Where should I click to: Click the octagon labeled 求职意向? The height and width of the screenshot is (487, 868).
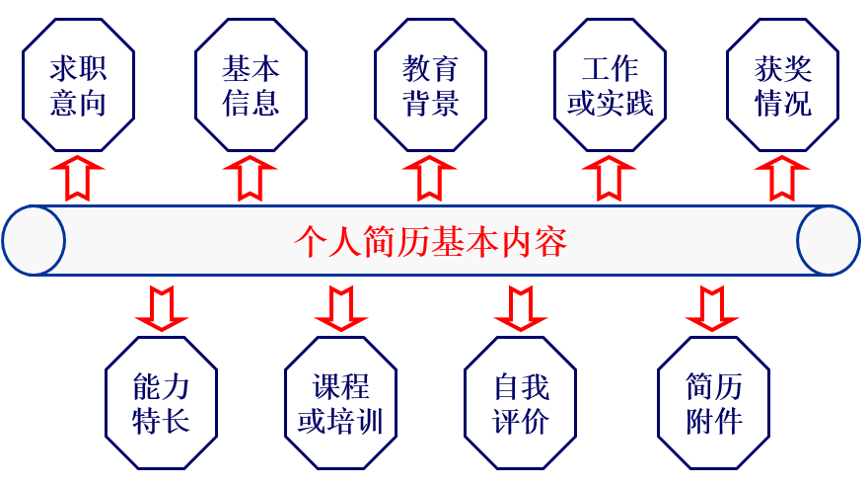(78, 86)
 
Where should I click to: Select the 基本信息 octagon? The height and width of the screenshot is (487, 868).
(252, 86)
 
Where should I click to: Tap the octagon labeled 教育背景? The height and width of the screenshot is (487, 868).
(431, 86)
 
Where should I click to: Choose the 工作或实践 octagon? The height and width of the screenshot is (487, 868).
(610, 86)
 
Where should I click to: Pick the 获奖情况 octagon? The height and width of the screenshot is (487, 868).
(783, 86)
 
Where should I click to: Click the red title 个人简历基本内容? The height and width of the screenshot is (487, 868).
(431, 241)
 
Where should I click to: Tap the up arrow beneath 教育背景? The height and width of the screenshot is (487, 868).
(429, 177)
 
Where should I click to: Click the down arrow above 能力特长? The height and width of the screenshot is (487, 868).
(161, 306)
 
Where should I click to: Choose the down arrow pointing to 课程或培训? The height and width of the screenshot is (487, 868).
(340, 306)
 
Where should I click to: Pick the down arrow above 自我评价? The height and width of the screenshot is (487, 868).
(520, 306)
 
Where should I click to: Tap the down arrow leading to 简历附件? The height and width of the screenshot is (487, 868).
(712, 306)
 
